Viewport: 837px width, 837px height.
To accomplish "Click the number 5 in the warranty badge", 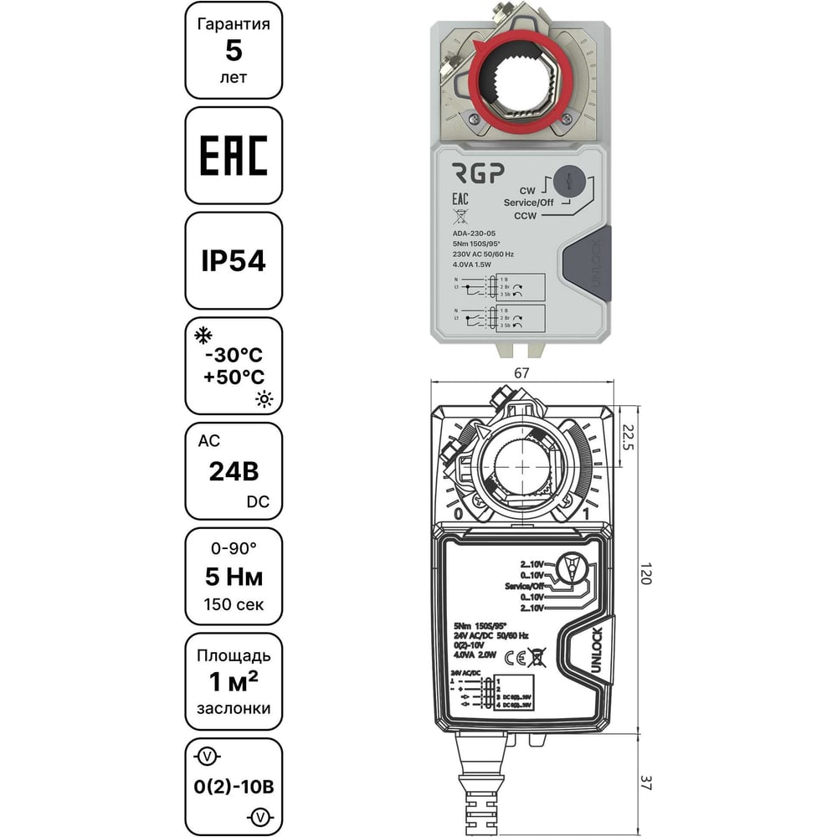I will pyautogui.click(x=234, y=51).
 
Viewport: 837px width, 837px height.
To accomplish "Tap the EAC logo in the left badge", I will pyautogui.click(x=234, y=156).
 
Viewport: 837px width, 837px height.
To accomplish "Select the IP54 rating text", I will pyautogui.click(x=234, y=261).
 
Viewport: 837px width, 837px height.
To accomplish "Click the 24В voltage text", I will pyautogui.click(x=234, y=471).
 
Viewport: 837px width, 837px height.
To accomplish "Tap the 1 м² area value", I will pyautogui.click(x=234, y=681).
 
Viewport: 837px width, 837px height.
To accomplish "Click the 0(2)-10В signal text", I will pyautogui.click(x=234, y=787).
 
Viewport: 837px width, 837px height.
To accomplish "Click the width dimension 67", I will pyautogui.click(x=521, y=373).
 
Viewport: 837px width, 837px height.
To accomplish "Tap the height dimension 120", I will pyautogui.click(x=645, y=574).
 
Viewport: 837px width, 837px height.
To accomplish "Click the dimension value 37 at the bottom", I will pyautogui.click(x=645, y=783).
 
